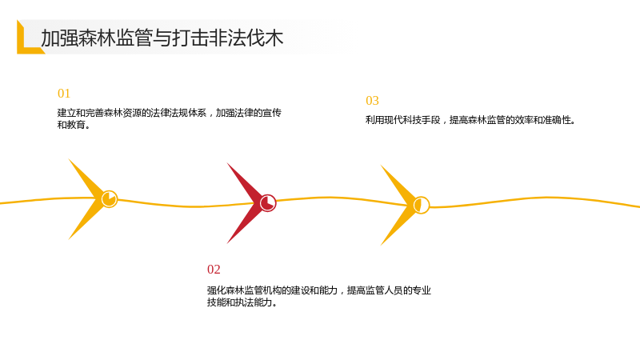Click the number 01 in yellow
coord(64,94)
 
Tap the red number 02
coord(214,270)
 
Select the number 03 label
coord(372,101)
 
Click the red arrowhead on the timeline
coord(244,203)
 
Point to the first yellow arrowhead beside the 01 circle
coord(86,198)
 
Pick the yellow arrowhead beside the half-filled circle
coord(398,205)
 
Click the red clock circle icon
coord(268,203)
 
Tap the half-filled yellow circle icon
coord(422,205)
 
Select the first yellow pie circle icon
coord(110,198)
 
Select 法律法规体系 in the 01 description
coord(178,113)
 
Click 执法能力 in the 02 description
coord(254,302)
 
